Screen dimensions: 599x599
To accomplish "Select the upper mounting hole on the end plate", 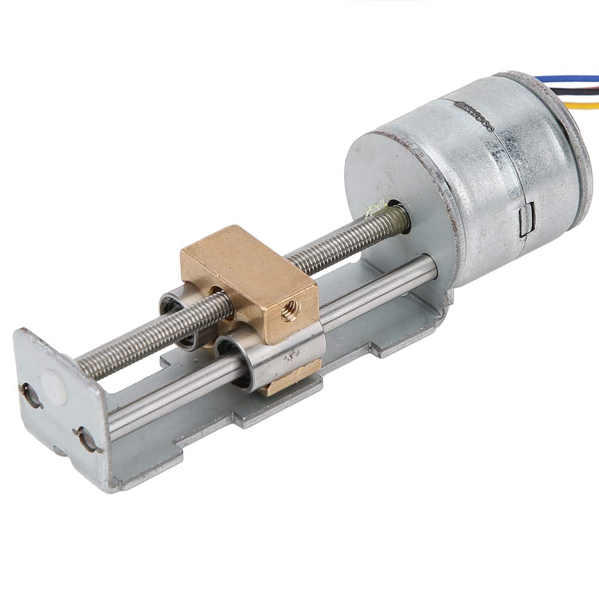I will pos(31,396).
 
